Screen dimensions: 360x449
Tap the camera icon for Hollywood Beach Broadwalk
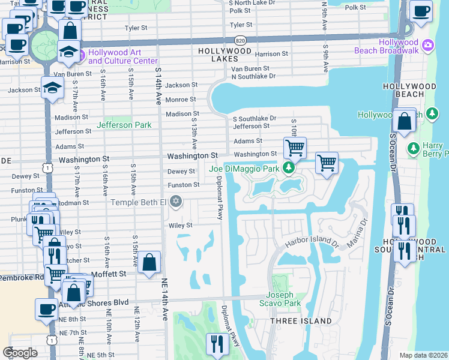(x=427, y=45)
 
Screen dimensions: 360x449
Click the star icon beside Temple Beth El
(x=175, y=201)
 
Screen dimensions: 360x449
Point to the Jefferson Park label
(x=124, y=125)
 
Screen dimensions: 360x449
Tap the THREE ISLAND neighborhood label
(x=300, y=321)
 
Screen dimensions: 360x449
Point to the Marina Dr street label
(x=362, y=229)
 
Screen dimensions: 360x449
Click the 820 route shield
(x=241, y=40)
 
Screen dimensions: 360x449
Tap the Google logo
(x=20, y=352)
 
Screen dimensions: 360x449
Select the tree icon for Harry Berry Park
(x=412, y=147)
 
